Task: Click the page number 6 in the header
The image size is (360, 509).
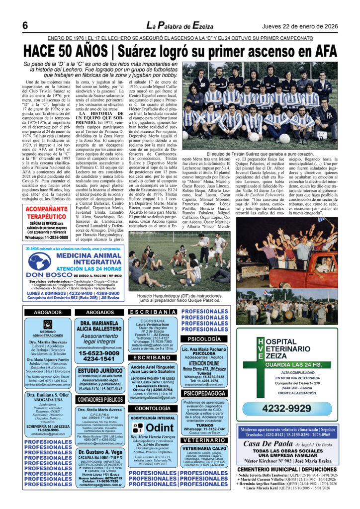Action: [24, 26]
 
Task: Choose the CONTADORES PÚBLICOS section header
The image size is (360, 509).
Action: [100, 399]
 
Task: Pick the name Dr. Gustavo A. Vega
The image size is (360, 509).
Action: [100, 452]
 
